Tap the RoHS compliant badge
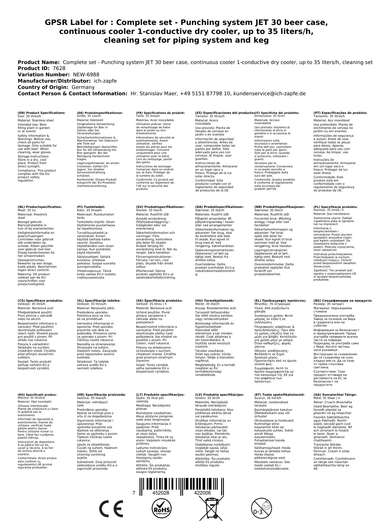click(x=161, y=508)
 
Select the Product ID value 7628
click(x=59, y=69)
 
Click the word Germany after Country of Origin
click(x=83, y=87)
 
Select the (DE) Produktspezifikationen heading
click(x=100, y=113)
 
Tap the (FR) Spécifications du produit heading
click(x=160, y=113)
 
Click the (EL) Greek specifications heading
click(x=280, y=300)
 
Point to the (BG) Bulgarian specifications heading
click(x=343, y=300)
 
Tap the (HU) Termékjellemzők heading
click(x=214, y=300)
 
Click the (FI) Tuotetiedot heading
click(x=91, y=207)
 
